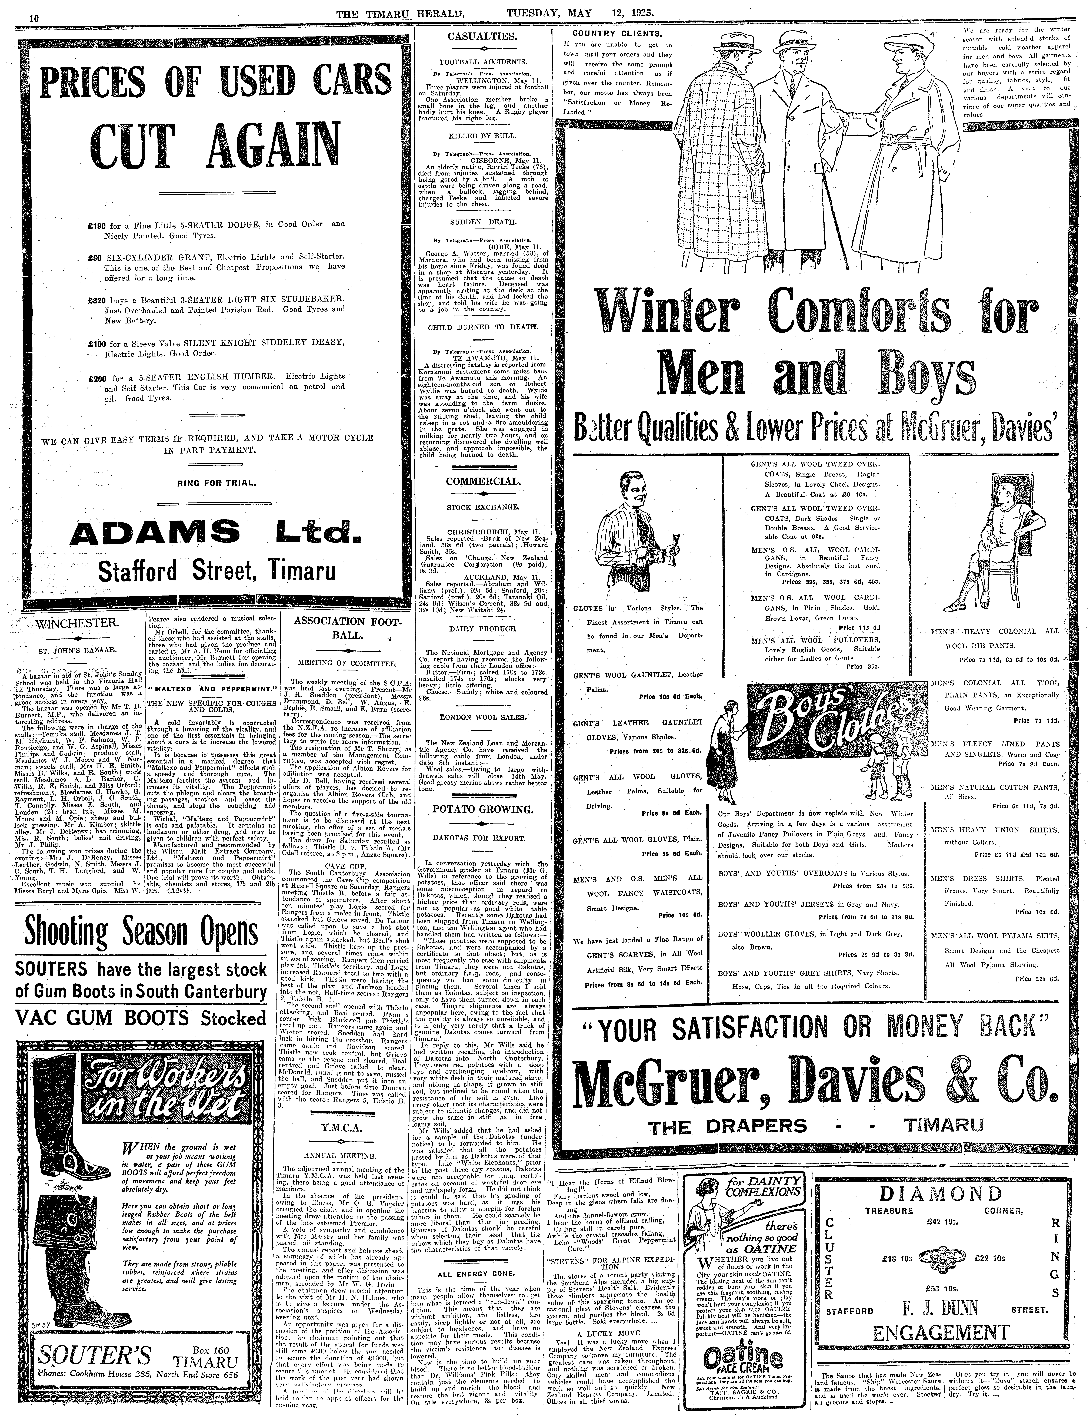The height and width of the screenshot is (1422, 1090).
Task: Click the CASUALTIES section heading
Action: pyautogui.click(x=482, y=36)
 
